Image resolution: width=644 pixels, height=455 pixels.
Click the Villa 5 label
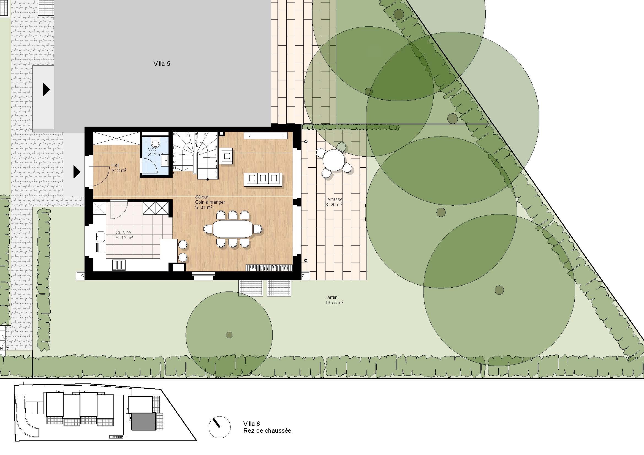162,64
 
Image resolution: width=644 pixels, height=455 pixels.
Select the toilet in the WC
155,142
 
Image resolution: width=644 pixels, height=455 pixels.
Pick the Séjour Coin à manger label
210,202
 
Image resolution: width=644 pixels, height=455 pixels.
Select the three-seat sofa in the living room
263,179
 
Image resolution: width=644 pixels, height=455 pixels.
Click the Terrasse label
333,199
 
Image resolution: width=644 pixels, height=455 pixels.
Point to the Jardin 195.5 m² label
334,300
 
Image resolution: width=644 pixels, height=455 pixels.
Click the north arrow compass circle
219,427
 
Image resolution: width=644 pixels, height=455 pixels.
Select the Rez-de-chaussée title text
267,431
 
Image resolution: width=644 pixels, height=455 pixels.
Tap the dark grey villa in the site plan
144,421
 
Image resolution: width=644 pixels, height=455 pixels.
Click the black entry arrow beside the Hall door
77,171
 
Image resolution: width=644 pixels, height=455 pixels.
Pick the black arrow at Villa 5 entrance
47,90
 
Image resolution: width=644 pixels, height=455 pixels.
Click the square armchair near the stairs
226,155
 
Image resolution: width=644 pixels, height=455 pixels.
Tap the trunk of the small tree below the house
229,335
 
